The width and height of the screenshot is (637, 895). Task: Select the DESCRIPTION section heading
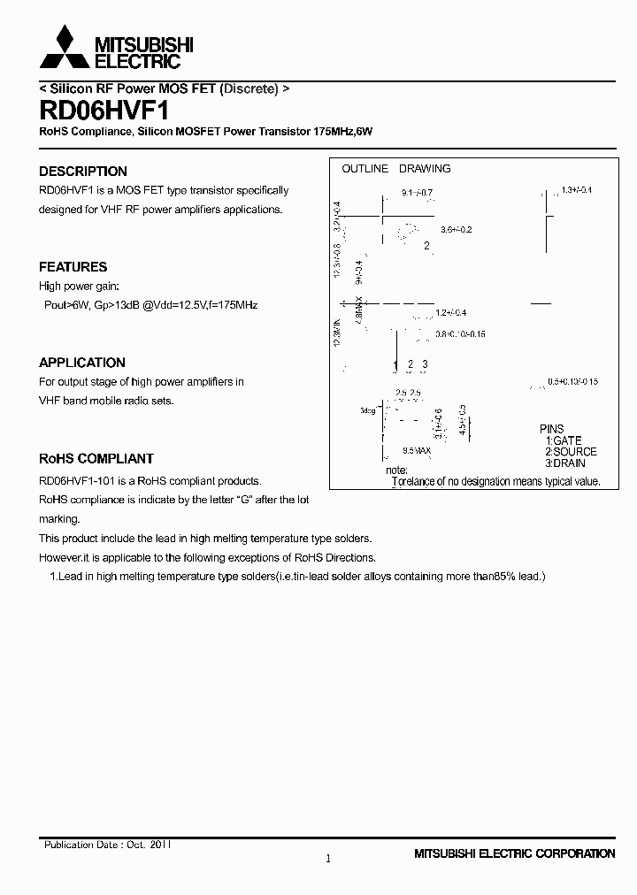pyautogui.click(x=83, y=172)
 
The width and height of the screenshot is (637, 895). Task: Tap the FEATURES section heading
pyautogui.click(x=73, y=267)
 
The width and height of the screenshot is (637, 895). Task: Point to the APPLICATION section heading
pyautogui.click(x=82, y=363)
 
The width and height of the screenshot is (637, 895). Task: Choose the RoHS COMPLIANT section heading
pyautogui.click(x=96, y=459)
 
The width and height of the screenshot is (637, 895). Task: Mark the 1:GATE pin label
pyautogui.click(x=564, y=440)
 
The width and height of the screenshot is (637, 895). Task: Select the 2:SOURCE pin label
pyautogui.click(x=571, y=452)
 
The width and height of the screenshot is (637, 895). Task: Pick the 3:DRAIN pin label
pyautogui.click(x=565, y=463)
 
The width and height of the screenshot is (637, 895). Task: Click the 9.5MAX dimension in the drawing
pyautogui.click(x=416, y=451)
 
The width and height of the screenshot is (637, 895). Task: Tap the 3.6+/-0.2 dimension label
pyautogui.click(x=457, y=230)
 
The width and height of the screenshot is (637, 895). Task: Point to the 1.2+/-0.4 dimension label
pyautogui.click(x=450, y=313)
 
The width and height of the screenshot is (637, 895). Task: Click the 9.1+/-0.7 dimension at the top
pyautogui.click(x=416, y=192)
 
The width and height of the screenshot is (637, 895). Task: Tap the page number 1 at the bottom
pyautogui.click(x=328, y=859)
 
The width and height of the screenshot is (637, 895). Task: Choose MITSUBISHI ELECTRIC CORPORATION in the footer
pyautogui.click(x=514, y=854)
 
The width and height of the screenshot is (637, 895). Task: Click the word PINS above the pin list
pyautogui.click(x=552, y=429)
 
